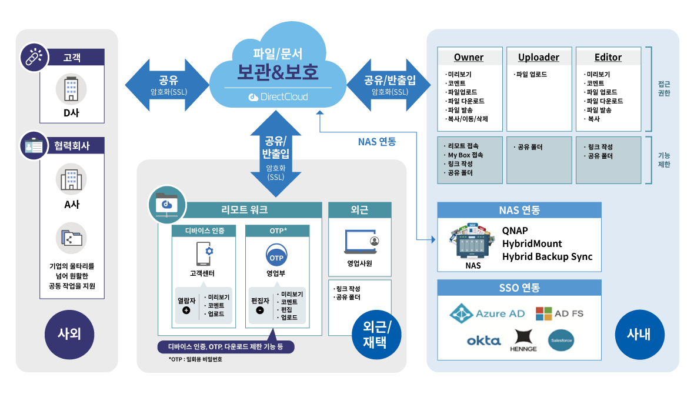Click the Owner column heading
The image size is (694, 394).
(469, 57)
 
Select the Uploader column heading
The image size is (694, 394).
(539, 57)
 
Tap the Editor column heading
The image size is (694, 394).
(608, 57)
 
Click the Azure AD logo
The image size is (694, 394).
(487, 313)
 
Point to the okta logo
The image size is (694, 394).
(483, 340)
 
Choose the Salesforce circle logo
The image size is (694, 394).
(560, 340)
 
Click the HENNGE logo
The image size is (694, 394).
(523, 340)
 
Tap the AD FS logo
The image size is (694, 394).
(559, 313)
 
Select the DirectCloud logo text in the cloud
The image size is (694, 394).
(278, 96)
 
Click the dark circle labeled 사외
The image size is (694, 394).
(69, 334)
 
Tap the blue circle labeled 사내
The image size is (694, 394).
(639, 335)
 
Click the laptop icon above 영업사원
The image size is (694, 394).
(360, 242)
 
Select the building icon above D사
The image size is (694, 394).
(71, 89)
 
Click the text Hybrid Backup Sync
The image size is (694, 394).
(547, 256)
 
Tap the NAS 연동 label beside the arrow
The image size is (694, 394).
(377, 142)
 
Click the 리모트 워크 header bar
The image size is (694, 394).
(244, 210)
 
